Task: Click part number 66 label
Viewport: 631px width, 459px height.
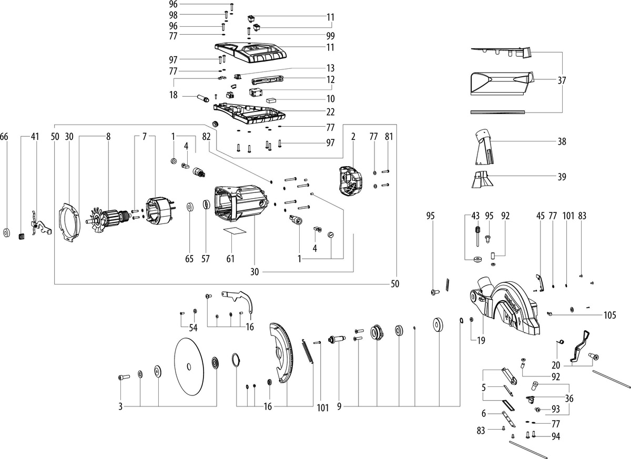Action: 4,137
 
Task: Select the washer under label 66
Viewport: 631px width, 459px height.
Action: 6,232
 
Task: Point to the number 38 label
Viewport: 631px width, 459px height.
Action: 562,141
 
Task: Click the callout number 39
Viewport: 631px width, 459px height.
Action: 562,177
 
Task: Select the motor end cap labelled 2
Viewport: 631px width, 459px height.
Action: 349,181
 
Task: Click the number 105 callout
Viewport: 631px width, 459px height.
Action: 609,315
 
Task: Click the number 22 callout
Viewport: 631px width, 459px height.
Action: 330,111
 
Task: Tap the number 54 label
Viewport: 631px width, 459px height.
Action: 194,328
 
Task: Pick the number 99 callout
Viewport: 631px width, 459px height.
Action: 330,36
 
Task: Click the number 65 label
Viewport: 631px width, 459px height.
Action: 189,259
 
